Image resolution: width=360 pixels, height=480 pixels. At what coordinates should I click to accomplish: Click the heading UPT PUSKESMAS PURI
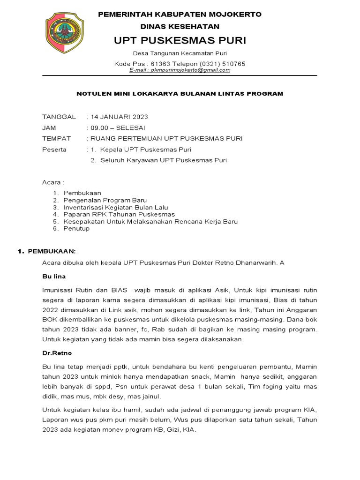180,41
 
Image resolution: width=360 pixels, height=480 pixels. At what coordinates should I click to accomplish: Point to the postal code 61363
162,63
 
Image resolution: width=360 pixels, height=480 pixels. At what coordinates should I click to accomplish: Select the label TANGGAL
59,117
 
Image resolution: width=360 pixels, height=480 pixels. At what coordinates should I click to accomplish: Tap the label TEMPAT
56,138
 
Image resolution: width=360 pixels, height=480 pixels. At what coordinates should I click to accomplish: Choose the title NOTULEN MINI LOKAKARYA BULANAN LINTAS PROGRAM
180,94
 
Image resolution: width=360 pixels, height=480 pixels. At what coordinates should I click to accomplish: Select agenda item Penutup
76,229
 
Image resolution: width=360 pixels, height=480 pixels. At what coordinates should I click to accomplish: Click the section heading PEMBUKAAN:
52,252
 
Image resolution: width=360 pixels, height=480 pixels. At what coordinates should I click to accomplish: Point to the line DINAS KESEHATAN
180,27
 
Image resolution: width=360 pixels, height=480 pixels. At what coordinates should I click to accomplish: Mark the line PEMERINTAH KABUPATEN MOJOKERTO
180,15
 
